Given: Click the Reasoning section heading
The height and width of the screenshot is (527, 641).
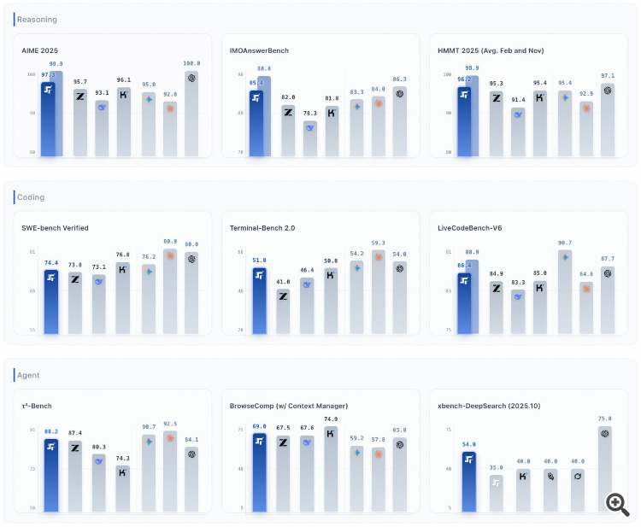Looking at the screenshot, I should point(36,19).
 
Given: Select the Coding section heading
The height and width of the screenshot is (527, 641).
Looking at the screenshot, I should point(31,197).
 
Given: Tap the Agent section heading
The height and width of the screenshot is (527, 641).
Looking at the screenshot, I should point(29,375).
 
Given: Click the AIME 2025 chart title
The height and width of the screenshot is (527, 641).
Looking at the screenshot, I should point(40,50).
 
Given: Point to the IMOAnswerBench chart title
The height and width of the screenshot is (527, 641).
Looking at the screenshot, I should point(259,50).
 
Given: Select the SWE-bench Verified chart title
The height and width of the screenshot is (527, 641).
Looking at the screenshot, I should point(55,228).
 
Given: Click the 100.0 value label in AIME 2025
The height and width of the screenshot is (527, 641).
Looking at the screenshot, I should point(191,63).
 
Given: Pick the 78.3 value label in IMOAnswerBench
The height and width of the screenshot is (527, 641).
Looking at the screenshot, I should point(309,113).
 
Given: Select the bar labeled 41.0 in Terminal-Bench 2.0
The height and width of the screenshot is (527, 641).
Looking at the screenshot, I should point(282,312).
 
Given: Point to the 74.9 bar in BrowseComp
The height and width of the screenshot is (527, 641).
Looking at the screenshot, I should point(331,469).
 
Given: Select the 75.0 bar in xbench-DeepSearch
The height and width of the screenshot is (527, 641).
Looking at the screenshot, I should point(605,469).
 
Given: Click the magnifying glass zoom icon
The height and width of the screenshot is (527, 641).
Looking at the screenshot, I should point(617,503).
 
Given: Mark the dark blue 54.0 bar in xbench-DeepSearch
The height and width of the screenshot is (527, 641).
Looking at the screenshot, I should point(469,482).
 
